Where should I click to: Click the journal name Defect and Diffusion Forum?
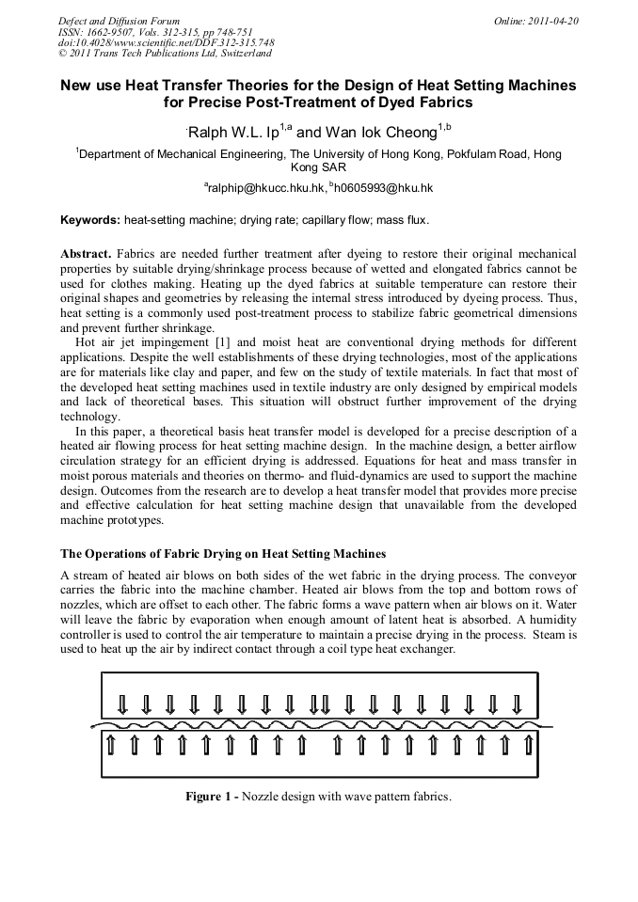click(x=119, y=21)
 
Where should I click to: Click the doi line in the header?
click(x=167, y=43)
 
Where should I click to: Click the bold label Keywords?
click(x=90, y=221)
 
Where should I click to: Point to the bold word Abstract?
click(x=86, y=255)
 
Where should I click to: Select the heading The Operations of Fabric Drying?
click(x=223, y=552)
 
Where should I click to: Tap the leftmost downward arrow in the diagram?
click(x=121, y=704)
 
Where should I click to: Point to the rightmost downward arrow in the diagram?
click(x=517, y=704)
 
